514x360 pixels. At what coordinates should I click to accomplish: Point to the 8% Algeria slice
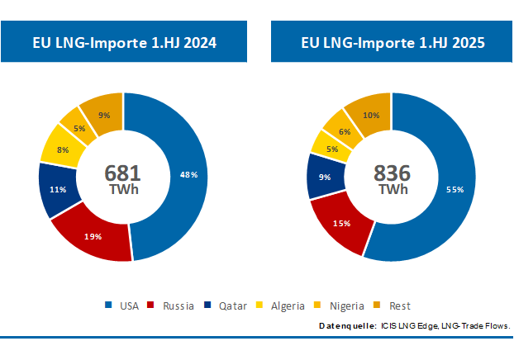coord(63,149)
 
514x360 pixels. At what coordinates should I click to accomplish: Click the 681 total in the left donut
coord(123,173)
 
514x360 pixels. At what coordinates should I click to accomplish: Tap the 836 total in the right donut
coord(392,173)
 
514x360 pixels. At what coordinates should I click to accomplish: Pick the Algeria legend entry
coord(281,306)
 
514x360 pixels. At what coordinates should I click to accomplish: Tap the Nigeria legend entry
coord(340,306)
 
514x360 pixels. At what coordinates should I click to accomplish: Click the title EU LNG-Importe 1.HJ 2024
coord(124,41)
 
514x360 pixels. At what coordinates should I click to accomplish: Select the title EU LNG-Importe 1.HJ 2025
coord(393,41)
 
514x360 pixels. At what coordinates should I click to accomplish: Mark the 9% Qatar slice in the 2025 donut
coord(324,176)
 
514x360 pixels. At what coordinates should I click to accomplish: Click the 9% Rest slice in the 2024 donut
coord(104,115)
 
